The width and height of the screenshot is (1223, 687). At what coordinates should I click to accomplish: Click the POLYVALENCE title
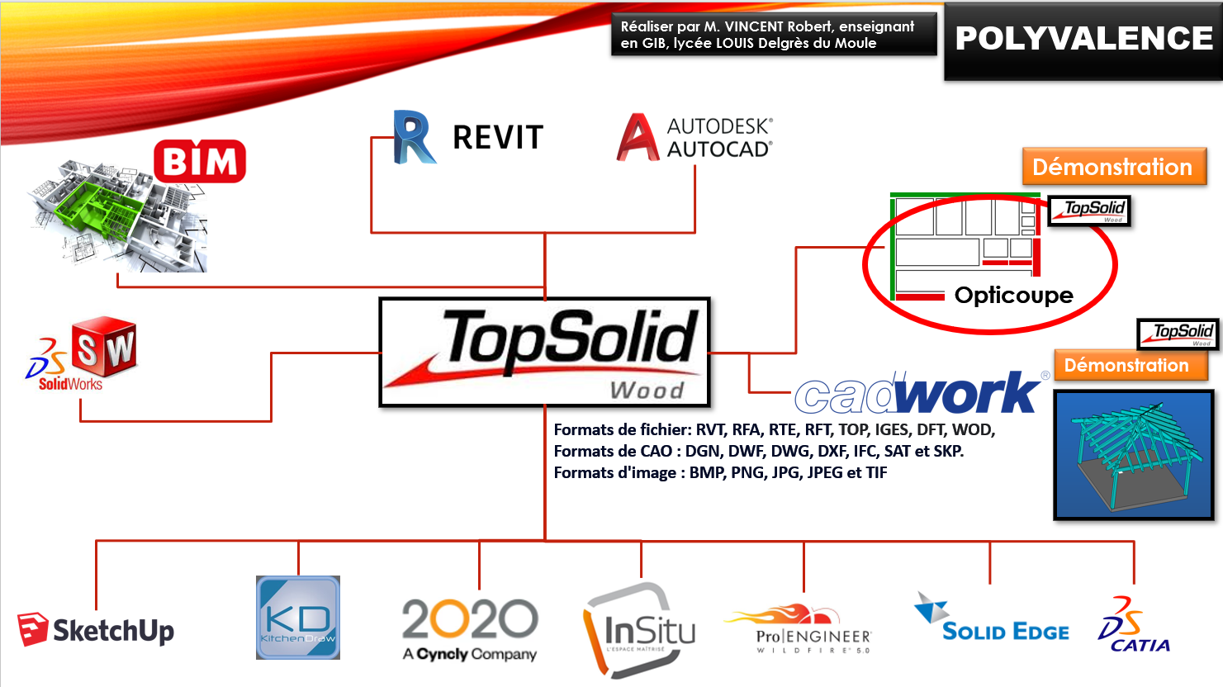pyautogui.click(x=1083, y=39)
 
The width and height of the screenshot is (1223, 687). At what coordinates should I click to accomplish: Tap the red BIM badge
pyautogui.click(x=200, y=161)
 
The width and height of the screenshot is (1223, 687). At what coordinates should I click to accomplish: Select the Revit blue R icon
pyautogui.click(x=413, y=137)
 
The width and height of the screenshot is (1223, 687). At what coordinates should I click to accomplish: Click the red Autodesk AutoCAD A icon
pyautogui.click(x=638, y=137)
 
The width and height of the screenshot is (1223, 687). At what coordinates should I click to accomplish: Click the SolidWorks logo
pyautogui.click(x=82, y=353)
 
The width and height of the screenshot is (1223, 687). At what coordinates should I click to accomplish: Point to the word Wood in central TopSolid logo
pyautogui.click(x=647, y=390)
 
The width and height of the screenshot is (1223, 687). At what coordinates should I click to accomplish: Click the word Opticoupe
pyautogui.click(x=1013, y=296)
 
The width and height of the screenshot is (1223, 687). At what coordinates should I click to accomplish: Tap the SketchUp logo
pyautogui.click(x=97, y=631)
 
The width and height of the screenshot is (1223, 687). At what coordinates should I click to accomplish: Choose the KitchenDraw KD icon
pyautogui.click(x=298, y=618)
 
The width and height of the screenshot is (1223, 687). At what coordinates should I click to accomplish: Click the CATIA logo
pyautogui.click(x=1133, y=626)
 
